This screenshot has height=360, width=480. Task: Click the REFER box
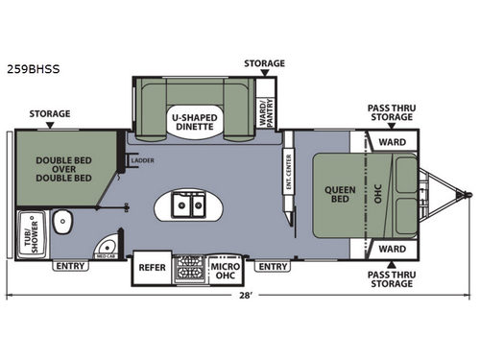tap(153, 267)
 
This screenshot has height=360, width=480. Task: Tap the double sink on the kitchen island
tap(187, 204)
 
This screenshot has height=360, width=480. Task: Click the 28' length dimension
tap(247, 295)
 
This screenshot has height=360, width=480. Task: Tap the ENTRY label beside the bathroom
tap(70, 266)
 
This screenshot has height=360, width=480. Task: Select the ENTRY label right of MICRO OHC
tap(274, 266)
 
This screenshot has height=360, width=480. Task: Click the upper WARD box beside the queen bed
tap(392, 141)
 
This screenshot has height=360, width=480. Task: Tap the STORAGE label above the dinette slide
tap(264, 63)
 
